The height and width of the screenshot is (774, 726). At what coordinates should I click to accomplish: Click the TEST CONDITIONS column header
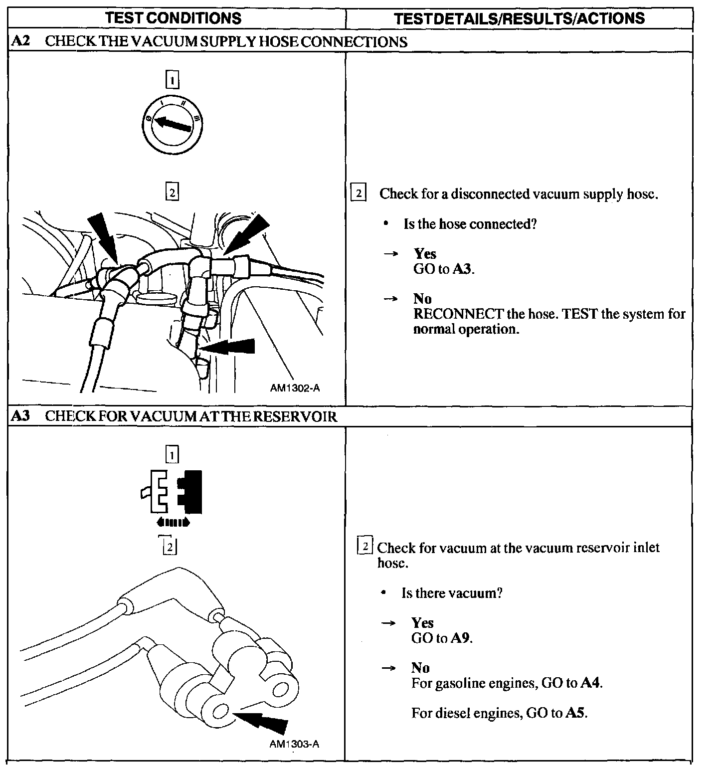point(174,18)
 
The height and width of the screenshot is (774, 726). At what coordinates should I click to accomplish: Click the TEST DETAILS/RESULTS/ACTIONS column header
point(519,18)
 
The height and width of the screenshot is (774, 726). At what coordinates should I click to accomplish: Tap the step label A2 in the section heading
point(20,41)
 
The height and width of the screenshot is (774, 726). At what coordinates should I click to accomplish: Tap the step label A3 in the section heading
point(20,416)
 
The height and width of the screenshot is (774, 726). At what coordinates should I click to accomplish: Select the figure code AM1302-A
point(295,387)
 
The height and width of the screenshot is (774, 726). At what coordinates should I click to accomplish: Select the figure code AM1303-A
point(294,744)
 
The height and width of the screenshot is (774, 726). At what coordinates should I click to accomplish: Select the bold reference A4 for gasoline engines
point(591,683)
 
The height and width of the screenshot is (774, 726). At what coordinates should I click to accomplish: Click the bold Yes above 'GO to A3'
point(425,253)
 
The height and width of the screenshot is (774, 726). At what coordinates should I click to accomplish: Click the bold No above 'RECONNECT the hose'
point(422,298)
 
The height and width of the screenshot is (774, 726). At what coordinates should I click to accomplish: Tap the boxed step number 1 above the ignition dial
point(172,80)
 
